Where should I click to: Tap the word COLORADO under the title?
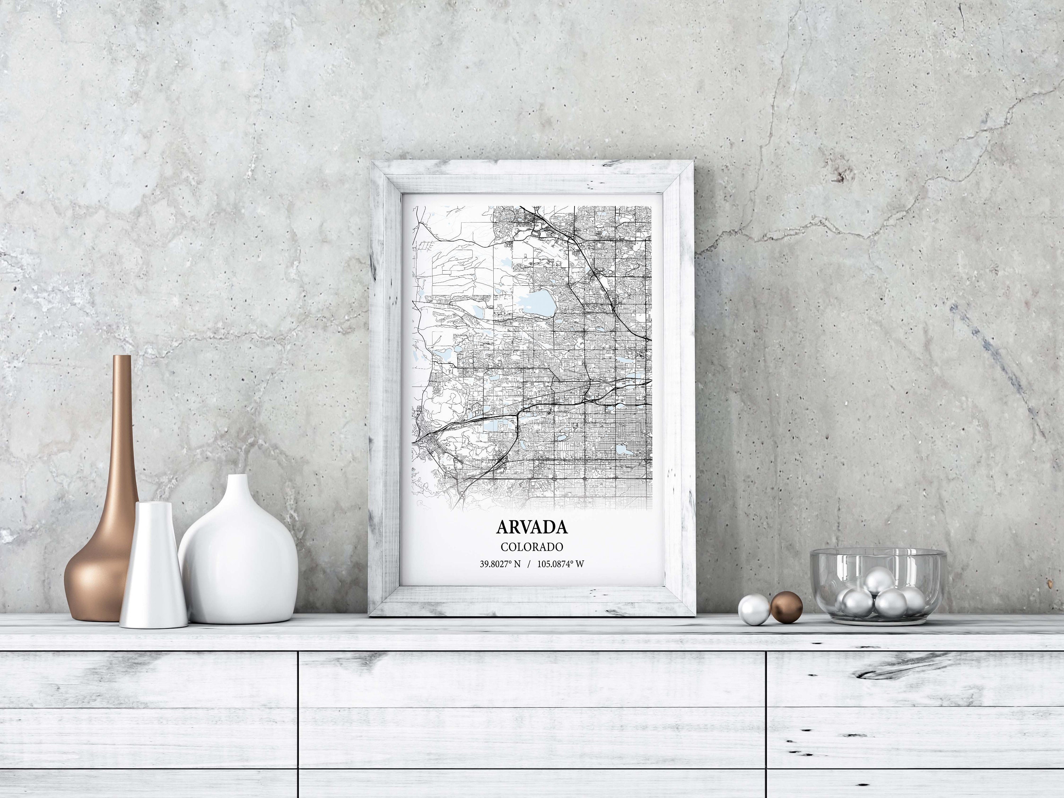(532, 547)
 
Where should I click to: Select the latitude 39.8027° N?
(500, 564)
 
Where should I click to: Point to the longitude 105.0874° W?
(560, 564)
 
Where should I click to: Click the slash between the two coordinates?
(529, 564)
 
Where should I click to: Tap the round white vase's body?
(238, 567)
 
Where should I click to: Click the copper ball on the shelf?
(786, 608)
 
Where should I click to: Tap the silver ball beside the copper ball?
(754, 609)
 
